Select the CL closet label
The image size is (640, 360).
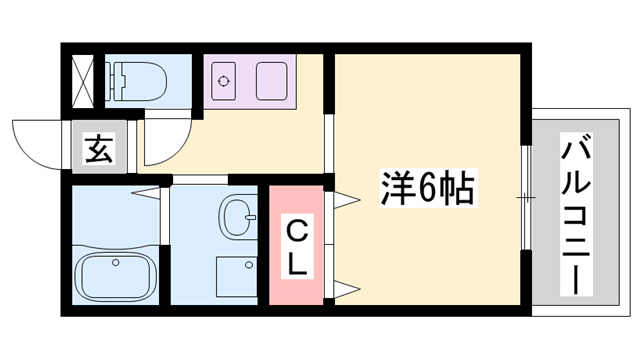tap(298, 246)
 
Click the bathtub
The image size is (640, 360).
tap(116, 273)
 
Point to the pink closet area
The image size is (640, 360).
tap(298, 246)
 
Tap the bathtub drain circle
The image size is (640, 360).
tap(117, 263)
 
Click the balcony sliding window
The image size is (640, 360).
tap(525, 200)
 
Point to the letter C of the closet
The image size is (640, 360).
tap(298, 228)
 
